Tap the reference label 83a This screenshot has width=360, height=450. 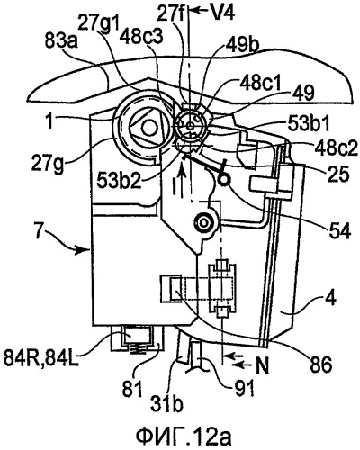(62, 42)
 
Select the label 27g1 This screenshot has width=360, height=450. (98, 22)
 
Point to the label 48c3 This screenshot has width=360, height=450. (141, 39)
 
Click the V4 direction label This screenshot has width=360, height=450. (222, 13)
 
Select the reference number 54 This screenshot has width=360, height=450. (340, 231)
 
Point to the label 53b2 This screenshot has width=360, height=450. (120, 180)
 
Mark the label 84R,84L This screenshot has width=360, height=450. (41, 359)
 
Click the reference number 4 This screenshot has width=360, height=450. (331, 300)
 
